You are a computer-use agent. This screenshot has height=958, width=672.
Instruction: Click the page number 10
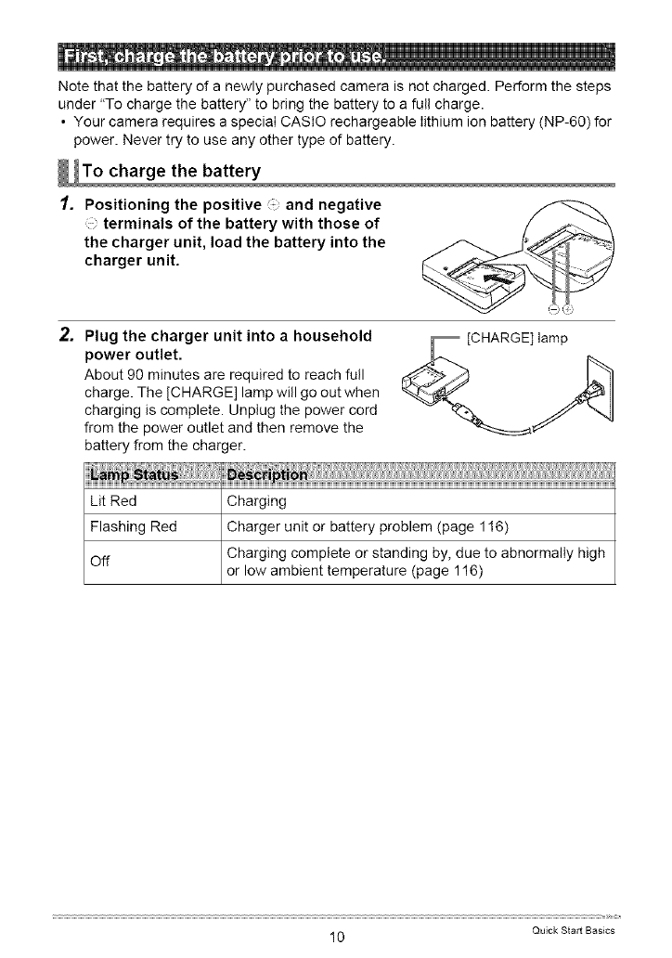[x=336, y=938]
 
